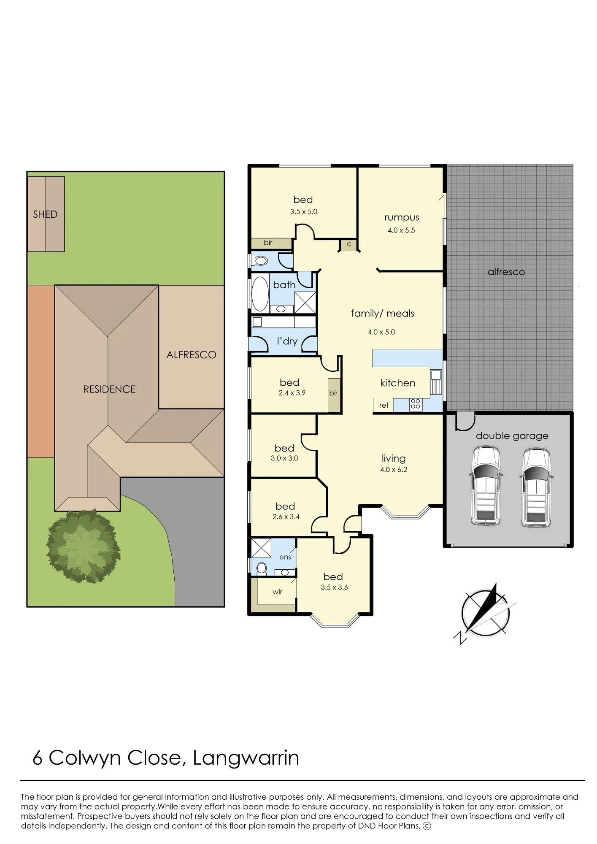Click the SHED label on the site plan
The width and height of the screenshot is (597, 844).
point(45,214)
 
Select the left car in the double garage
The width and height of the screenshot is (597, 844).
point(486,486)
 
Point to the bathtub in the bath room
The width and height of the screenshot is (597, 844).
point(260,294)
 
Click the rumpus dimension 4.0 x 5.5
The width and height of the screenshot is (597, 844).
point(401,230)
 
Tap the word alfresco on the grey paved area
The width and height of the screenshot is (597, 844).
point(506,272)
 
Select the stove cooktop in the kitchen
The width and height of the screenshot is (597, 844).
point(415,404)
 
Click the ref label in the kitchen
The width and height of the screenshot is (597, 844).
point(384,406)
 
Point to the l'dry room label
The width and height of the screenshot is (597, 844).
point(287,341)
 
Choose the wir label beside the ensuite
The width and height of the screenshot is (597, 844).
point(277,592)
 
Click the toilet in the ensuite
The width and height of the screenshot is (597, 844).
point(262,568)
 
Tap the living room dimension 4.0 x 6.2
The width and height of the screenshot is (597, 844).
point(394,470)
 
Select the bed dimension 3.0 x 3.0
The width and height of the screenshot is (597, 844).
point(284,458)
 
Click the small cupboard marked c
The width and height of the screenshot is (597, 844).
point(349,245)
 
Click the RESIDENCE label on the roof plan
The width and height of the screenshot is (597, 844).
point(109,390)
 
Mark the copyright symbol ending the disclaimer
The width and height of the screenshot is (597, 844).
point(427,826)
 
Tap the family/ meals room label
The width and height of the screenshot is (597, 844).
point(383,314)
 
